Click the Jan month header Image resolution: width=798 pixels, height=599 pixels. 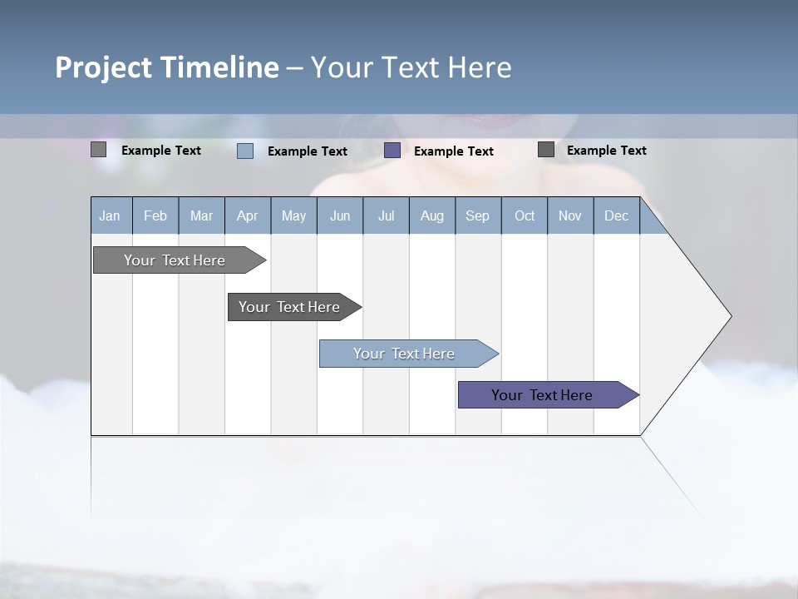110,215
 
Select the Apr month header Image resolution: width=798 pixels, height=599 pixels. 247,215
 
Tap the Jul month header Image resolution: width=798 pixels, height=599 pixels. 386,215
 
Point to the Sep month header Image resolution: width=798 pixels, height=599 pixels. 477,215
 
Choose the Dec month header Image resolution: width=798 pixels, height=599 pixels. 616,215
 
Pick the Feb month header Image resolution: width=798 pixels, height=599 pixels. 155,215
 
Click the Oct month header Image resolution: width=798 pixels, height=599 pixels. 525,215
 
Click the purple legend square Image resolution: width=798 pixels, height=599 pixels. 392,151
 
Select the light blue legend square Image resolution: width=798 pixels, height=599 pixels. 245,151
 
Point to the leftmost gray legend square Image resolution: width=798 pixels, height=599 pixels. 99,150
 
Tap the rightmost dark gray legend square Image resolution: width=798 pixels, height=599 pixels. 546,150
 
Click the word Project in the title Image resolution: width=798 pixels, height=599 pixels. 104,67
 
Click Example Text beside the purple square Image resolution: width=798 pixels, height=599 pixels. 454,151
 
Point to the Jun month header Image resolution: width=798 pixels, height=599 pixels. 340,215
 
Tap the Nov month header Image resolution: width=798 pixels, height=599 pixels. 570,215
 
